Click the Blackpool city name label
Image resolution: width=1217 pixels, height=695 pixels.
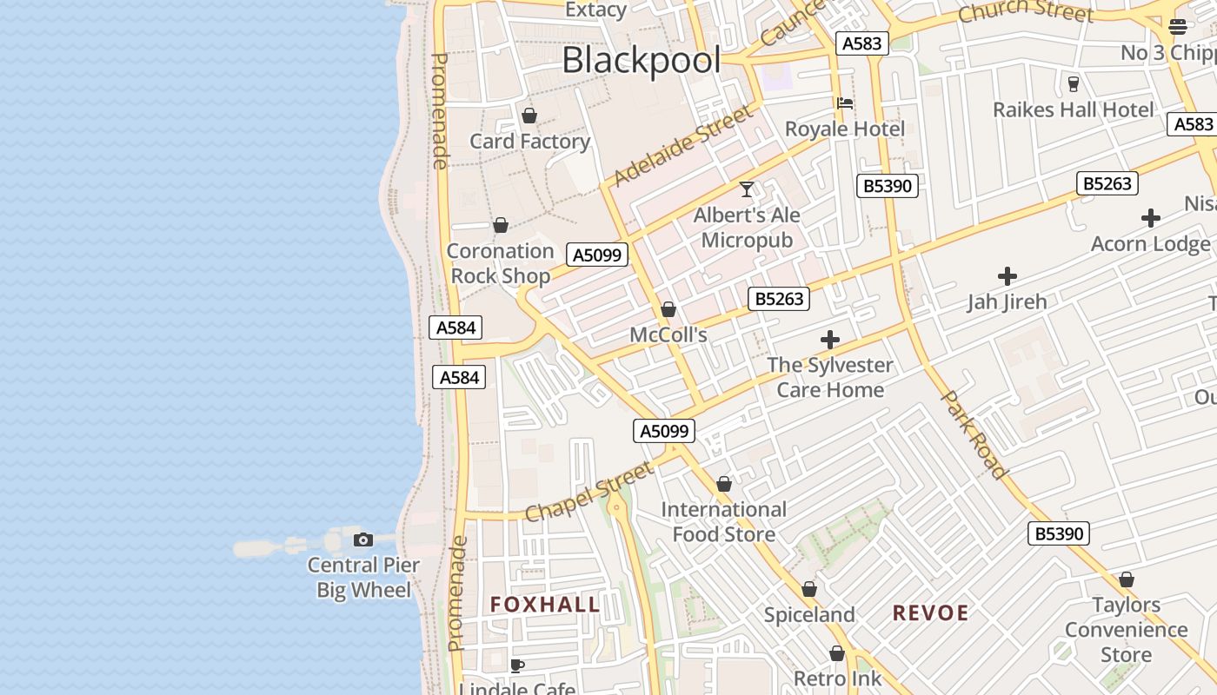(x=641, y=61)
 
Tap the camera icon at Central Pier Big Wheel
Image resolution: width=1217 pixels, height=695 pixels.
(x=363, y=539)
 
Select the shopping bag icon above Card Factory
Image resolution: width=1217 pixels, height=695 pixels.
(x=529, y=116)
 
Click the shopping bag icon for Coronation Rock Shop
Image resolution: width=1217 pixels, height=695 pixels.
(x=500, y=226)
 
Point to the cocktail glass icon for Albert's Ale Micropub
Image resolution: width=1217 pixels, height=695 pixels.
(x=746, y=189)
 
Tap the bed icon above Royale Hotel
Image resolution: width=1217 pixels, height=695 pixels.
(x=844, y=103)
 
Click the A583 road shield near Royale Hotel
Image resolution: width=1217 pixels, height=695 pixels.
(x=861, y=43)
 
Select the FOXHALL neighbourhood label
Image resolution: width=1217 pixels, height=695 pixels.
(x=545, y=605)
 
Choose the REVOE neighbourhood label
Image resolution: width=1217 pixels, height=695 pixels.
(x=930, y=612)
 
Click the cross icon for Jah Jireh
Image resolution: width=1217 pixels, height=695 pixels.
(x=1007, y=276)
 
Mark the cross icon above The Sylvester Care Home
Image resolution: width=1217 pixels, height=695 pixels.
(x=829, y=339)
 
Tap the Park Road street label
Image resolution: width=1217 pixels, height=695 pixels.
(x=975, y=434)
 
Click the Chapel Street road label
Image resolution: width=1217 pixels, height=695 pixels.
(x=589, y=493)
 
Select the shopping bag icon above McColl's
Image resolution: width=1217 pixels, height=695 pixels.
(x=668, y=309)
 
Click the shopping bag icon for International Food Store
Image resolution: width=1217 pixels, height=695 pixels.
(x=723, y=484)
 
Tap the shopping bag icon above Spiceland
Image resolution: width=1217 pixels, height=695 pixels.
(x=808, y=589)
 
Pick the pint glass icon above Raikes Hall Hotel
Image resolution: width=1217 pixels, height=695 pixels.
(x=1073, y=83)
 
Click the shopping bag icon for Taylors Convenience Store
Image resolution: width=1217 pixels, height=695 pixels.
(x=1126, y=579)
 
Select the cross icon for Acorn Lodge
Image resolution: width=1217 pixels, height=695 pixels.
(x=1150, y=217)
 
